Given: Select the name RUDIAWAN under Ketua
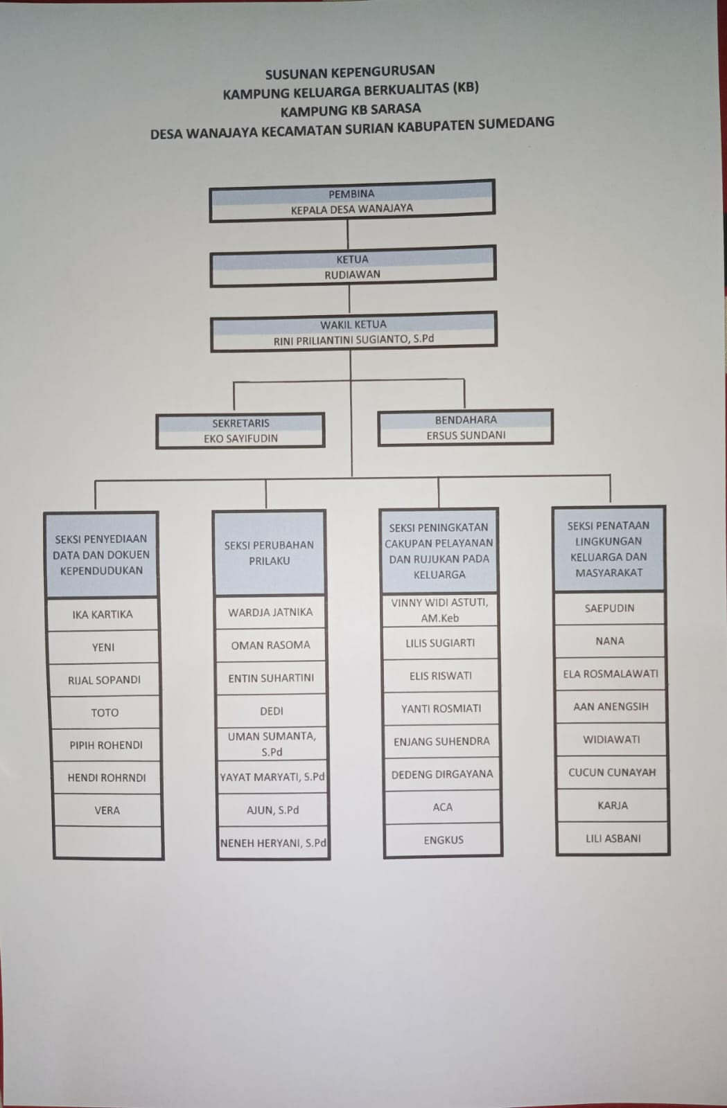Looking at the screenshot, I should (352, 274).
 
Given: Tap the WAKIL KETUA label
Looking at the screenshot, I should (353, 324).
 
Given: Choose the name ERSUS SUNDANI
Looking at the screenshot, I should (466, 435).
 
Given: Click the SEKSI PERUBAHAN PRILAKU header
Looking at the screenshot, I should (269, 553).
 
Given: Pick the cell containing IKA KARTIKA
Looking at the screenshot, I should (103, 614).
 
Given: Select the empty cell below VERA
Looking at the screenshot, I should (108, 842).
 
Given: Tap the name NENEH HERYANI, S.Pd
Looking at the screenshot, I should (273, 843).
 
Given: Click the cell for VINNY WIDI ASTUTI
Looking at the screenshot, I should (439, 610).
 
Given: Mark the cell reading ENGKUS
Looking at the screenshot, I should (444, 840).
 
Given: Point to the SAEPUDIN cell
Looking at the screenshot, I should (609, 608).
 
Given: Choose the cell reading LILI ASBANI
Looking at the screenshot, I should (613, 838).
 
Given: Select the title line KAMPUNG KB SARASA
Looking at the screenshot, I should (351, 109).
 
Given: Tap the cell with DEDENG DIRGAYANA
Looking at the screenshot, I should (442, 774).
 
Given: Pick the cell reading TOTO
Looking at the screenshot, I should (105, 712).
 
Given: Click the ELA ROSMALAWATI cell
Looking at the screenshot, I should (611, 674).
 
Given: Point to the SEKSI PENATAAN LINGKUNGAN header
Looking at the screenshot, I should (608, 548).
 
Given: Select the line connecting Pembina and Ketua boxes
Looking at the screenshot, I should (348, 234).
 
